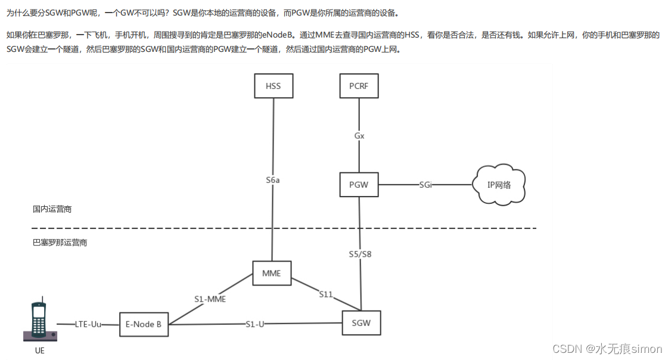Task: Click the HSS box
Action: pyautogui.click(x=274, y=86)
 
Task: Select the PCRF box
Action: pyautogui.click(x=359, y=86)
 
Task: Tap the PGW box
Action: pyautogui.click(x=359, y=185)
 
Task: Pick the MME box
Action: pyautogui.click(x=272, y=274)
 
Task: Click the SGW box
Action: pyautogui.click(x=361, y=323)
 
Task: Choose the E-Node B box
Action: pyautogui.click(x=144, y=324)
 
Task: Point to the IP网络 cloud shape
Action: pyautogui.click(x=499, y=185)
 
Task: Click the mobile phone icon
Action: pyautogui.click(x=39, y=321)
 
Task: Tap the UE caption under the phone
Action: pyautogui.click(x=39, y=351)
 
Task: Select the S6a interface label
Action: pyautogui.click(x=273, y=179)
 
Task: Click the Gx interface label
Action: pyautogui.click(x=359, y=136)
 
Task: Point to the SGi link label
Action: pyautogui.click(x=425, y=185)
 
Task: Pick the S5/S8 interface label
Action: pyautogui.click(x=361, y=254)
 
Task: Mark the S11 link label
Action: pyautogui.click(x=326, y=294)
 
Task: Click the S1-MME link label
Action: pyautogui.click(x=210, y=299)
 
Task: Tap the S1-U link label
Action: pyautogui.click(x=255, y=324)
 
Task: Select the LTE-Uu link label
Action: pyautogui.click(x=88, y=324)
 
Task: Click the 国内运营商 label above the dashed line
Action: pyautogui.click(x=52, y=210)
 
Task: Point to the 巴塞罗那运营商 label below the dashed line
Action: pyautogui.click(x=60, y=243)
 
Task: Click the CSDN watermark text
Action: pyautogui.click(x=607, y=349)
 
